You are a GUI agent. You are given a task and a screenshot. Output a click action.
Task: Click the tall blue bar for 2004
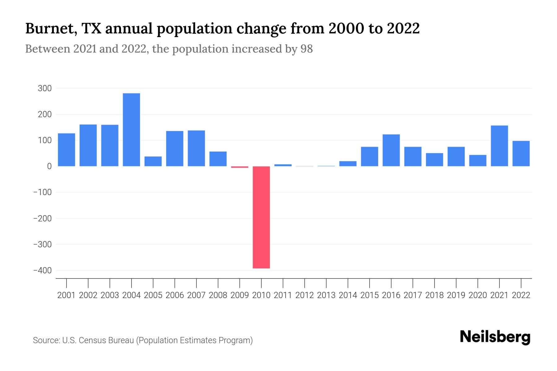[x=131, y=130]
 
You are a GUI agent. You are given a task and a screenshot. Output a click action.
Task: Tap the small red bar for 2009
[x=240, y=167]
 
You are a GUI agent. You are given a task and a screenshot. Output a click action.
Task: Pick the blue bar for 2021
[x=499, y=146]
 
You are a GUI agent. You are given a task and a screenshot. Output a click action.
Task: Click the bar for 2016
[x=391, y=150]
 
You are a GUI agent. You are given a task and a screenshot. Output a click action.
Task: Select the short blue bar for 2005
[x=153, y=161]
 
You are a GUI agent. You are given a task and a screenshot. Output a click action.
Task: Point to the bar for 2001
[x=67, y=150]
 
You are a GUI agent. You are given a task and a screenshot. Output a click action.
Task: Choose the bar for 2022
[x=521, y=154]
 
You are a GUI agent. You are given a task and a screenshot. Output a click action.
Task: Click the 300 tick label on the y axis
[x=45, y=88]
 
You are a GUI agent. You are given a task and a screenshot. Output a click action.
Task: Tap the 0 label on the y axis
[x=49, y=166]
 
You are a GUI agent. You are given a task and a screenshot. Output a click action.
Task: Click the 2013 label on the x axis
[x=326, y=295]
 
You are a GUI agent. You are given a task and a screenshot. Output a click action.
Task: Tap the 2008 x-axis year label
[x=218, y=295]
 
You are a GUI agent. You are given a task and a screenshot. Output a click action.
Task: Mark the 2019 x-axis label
[x=456, y=295]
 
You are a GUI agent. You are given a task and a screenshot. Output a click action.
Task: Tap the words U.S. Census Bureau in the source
[x=98, y=340]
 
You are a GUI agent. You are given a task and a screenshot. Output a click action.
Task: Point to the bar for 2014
[x=348, y=164]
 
